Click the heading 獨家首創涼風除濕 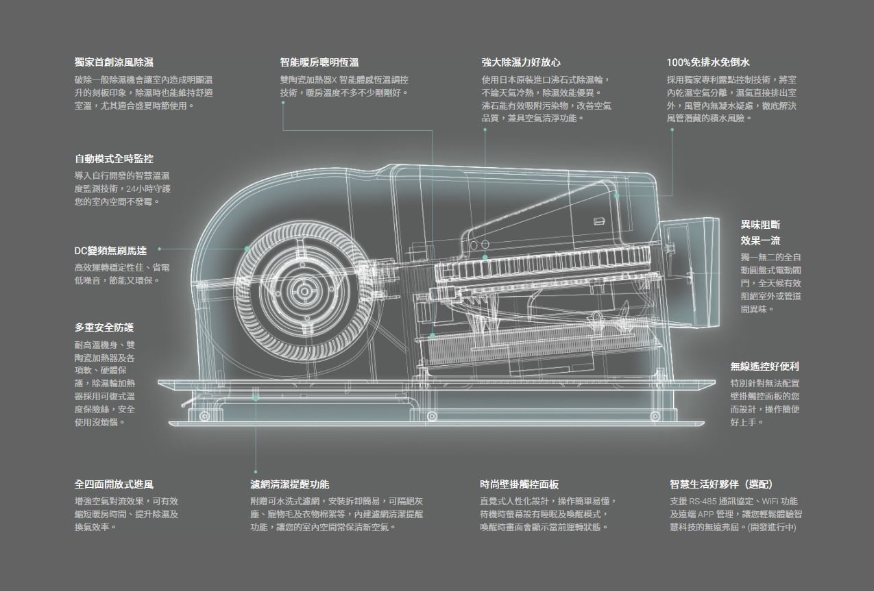114,62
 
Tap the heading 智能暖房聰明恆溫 319,62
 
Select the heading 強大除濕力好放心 521,62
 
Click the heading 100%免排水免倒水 708,62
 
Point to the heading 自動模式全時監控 114,159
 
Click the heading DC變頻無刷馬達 110,251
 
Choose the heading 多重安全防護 104,328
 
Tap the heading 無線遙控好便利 764,367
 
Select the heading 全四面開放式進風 114,484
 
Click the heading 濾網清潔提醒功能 289,484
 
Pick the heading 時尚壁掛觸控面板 520,484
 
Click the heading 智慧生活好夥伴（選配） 721,484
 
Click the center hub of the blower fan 304,291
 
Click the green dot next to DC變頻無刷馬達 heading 160,249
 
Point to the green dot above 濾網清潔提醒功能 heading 256,472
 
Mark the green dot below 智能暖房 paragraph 283,103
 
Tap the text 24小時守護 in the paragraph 149,188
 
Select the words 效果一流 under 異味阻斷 760,241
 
